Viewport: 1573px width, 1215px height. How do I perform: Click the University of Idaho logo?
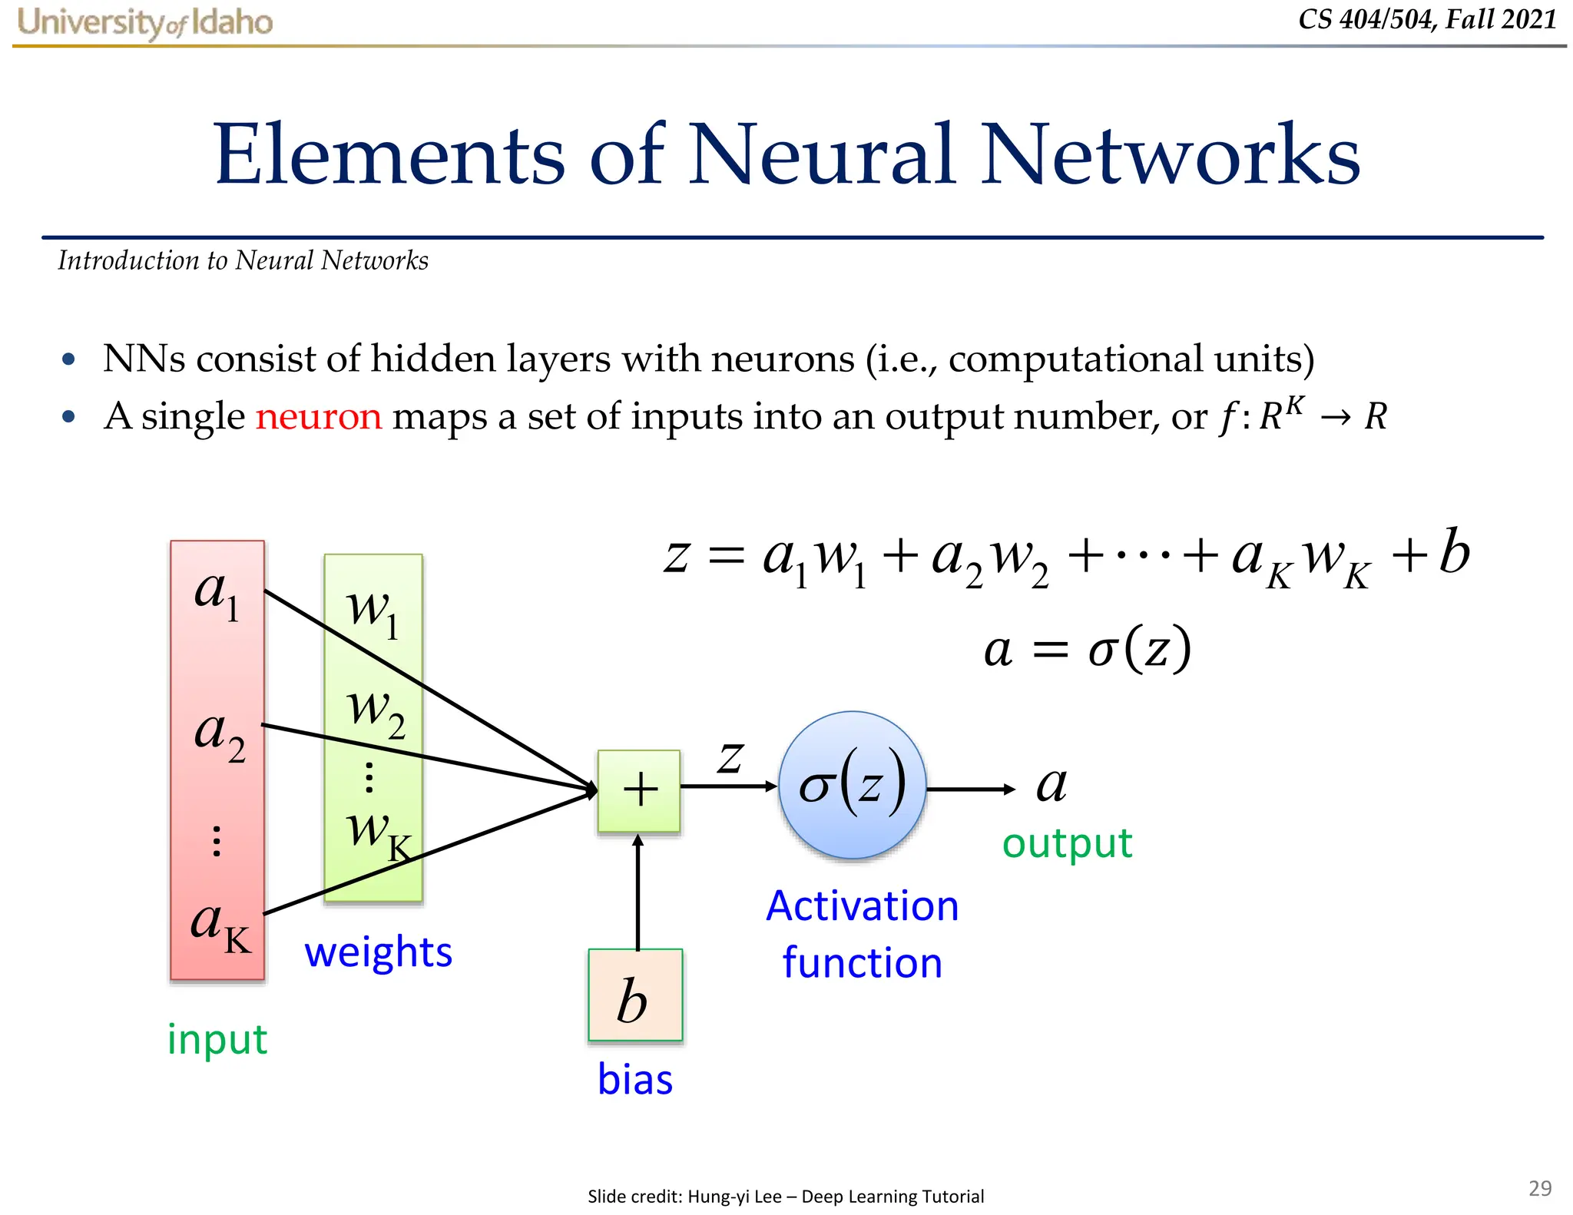tap(145, 22)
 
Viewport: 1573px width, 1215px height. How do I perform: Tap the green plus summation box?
tap(639, 790)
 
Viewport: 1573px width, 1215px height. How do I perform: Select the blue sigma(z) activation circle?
tap(853, 785)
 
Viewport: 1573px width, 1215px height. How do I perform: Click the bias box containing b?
tap(635, 995)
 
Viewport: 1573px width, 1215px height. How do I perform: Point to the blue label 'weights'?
tap(379, 952)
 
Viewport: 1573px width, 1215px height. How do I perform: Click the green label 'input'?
tap(217, 1040)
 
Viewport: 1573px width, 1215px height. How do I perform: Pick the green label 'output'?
tap(1067, 843)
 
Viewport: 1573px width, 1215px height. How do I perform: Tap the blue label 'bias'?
tap(635, 1079)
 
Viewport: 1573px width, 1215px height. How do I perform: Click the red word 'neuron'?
tap(319, 416)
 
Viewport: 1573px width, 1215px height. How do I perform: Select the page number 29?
tap(1540, 1188)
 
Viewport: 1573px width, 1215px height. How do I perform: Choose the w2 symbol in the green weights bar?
tap(376, 710)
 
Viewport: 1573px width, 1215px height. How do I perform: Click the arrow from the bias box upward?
tap(637, 891)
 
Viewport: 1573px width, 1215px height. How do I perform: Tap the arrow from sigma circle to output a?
tap(971, 789)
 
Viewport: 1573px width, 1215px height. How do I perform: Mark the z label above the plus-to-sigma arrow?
tap(730, 756)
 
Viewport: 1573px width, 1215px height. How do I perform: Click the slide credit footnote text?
tap(786, 1196)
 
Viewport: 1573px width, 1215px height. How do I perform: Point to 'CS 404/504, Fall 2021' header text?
tap(1427, 19)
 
